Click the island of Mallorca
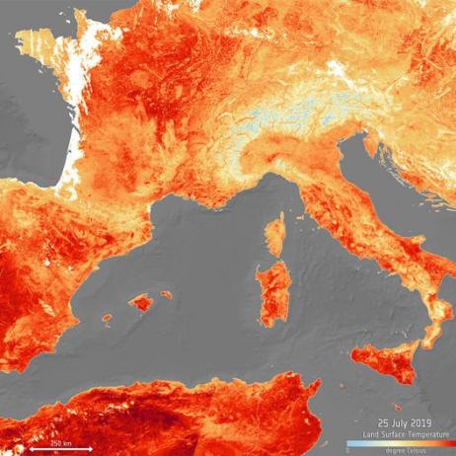coord(141,302)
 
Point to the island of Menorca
coord(166,294)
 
